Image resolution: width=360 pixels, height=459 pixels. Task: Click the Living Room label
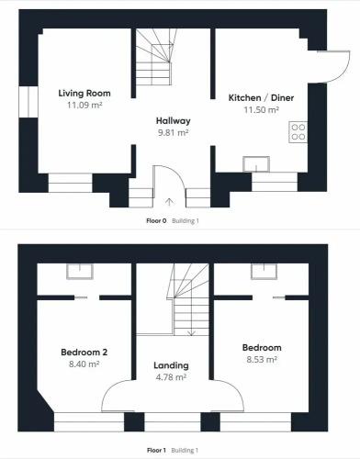pyautogui.click(x=84, y=94)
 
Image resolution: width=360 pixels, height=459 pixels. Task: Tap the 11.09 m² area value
pyautogui.click(x=84, y=105)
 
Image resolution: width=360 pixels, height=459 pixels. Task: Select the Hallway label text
pyautogui.click(x=174, y=121)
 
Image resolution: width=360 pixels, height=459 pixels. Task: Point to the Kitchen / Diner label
pyautogui.click(x=261, y=98)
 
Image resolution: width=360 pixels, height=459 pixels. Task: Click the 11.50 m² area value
pyautogui.click(x=261, y=109)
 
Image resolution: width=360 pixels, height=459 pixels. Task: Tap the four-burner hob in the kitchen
pyautogui.click(x=298, y=132)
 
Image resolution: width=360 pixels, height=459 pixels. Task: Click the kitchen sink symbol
pyautogui.click(x=256, y=164)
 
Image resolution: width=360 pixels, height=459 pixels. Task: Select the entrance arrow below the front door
pyautogui.click(x=169, y=202)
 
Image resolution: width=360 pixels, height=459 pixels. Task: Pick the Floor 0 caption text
pyautogui.click(x=156, y=220)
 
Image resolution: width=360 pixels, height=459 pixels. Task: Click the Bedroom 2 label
pyautogui.click(x=84, y=353)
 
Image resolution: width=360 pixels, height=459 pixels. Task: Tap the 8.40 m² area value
pyautogui.click(x=84, y=364)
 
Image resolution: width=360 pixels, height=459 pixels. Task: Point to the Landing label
pyautogui.click(x=171, y=365)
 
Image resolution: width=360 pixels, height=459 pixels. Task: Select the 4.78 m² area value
pyautogui.click(x=171, y=377)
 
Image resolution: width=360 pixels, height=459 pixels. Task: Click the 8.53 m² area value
pyautogui.click(x=262, y=359)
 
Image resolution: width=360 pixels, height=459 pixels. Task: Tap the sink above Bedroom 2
pyautogui.click(x=80, y=272)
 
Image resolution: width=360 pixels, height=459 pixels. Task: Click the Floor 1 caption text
pyautogui.click(x=156, y=450)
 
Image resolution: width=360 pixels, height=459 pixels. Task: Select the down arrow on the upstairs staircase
pyautogui.click(x=191, y=332)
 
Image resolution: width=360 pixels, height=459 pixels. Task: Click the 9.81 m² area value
pyautogui.click(x=174, y=133)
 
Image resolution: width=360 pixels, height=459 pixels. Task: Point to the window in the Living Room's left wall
pyautogui.click(x=28, y=102)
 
